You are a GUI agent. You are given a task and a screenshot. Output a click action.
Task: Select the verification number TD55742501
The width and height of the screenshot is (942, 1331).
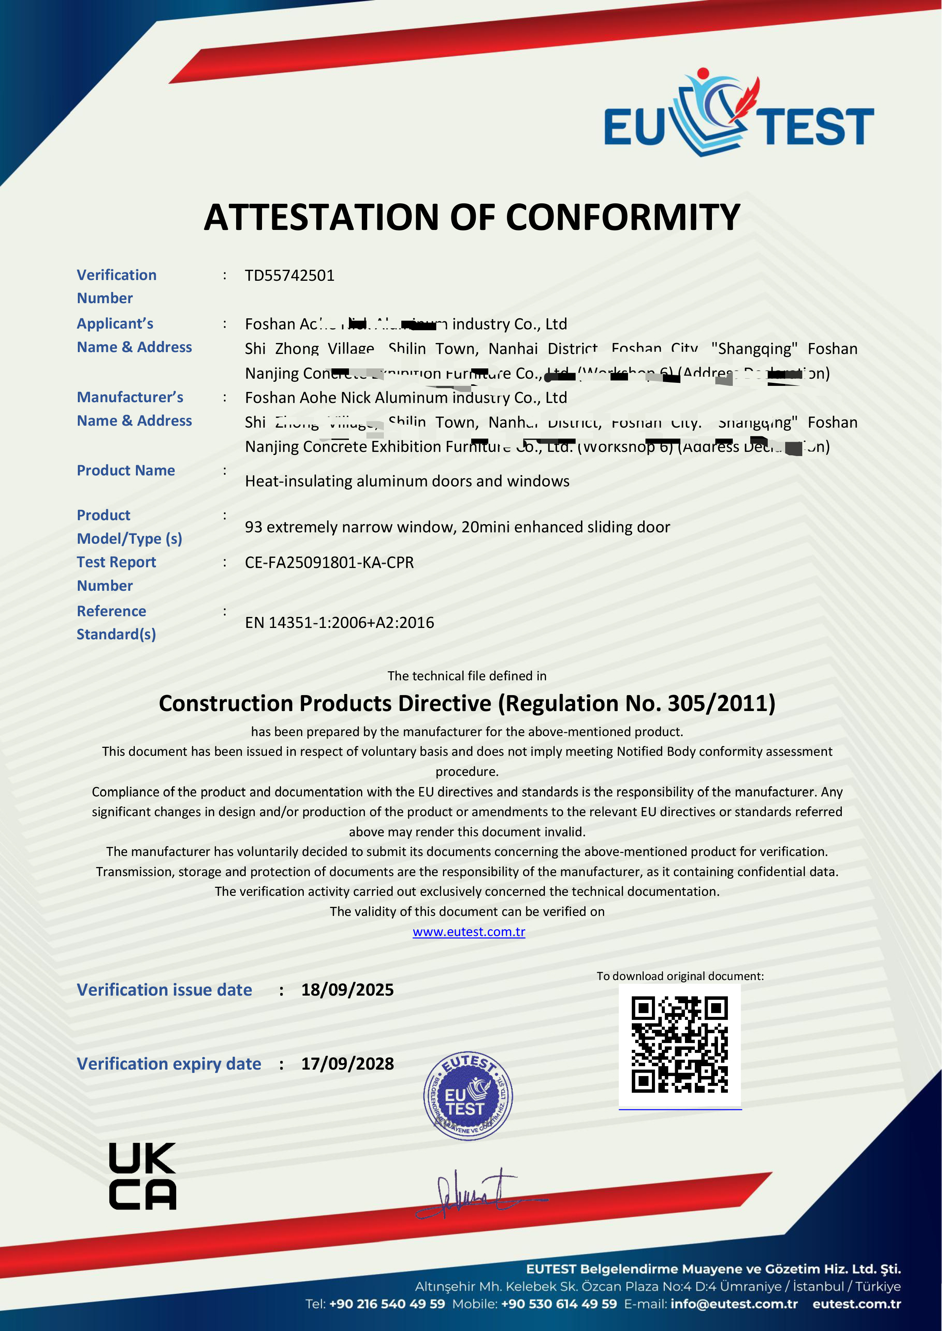pyautogui.click(x=289, y=275)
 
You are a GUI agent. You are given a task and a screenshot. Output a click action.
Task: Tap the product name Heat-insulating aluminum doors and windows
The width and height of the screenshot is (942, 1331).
pyautogui.click(x=407, y=481)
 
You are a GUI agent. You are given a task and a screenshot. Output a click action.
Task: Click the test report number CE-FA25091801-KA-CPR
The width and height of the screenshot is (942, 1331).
pyautogui.click(x=329, y=562)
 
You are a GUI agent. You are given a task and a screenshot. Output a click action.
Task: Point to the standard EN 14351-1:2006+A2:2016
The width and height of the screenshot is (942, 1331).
pyautogui.click(x=339, y=623)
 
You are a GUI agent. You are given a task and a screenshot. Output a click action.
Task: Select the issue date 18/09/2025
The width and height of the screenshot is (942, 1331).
pyautogui.click(x=347, y=990)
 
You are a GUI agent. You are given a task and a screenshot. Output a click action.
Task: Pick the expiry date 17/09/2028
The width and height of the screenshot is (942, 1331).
pyautogui.click(x=347, y=1064)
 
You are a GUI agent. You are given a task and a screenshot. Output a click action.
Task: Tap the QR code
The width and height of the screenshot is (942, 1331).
pyautogui.click(x=679, y=1045)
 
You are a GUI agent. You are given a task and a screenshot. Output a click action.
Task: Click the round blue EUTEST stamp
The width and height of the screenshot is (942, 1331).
pyautogui.click(x=468, y=1096)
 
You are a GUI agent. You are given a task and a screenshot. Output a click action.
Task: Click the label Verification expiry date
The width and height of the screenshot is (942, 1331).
pyautogui.click(x=169, y=1064)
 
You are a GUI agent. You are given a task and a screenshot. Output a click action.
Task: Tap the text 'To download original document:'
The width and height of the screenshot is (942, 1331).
pyautogui.click(x=680, y=976)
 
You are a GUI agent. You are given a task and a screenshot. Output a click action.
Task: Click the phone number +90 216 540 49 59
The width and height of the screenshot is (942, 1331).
pyautogui.click(x=387, y=1304)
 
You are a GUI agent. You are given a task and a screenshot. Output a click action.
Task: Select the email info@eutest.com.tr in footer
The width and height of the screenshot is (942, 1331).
pyautogui.click(x=734, y=1304)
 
